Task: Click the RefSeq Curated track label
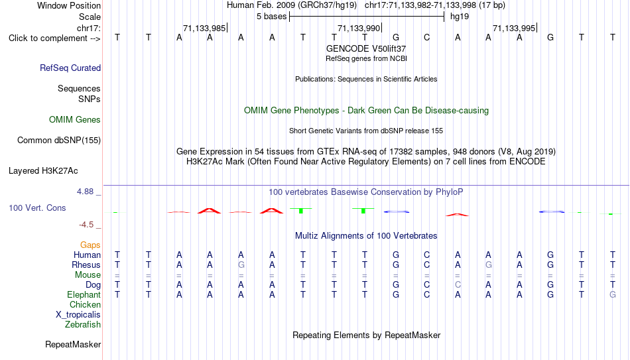pyautogui.click(x=70, y=68)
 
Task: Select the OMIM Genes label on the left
pyautogui.click(x=75, y=120)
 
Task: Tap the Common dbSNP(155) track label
pyautogui.click(x=59, y=141)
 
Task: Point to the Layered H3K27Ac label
pyautogui.click(x=43, y=171)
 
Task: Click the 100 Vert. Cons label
pyautogui.click(x=37, y=208)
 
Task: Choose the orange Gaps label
pyautogui.click(x=90, y=245)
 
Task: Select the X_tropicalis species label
pyautogui.click(x=78, y=315)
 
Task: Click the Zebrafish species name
pyautogui.click(x=83, y=324)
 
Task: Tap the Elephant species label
pyautogui.click(x=84, y=294)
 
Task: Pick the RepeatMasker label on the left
pyautogui.click(x=73, y=344)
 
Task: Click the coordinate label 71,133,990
pyautogui.click(x=359, y=28)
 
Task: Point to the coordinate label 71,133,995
pyautogui.click(x=514, y=28)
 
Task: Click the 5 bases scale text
pyautogui.click(x=272, y=17)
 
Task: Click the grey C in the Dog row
pyautogui.click(x=458, y=285)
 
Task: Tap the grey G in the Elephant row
pyautogui.click(x=612, y=294)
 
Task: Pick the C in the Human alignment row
pyautogui.click(x=426, y=255)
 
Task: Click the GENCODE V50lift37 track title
pyautogui.click(x=366, y=48)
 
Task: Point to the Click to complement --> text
pyautogui.click(x=54, y=38)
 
